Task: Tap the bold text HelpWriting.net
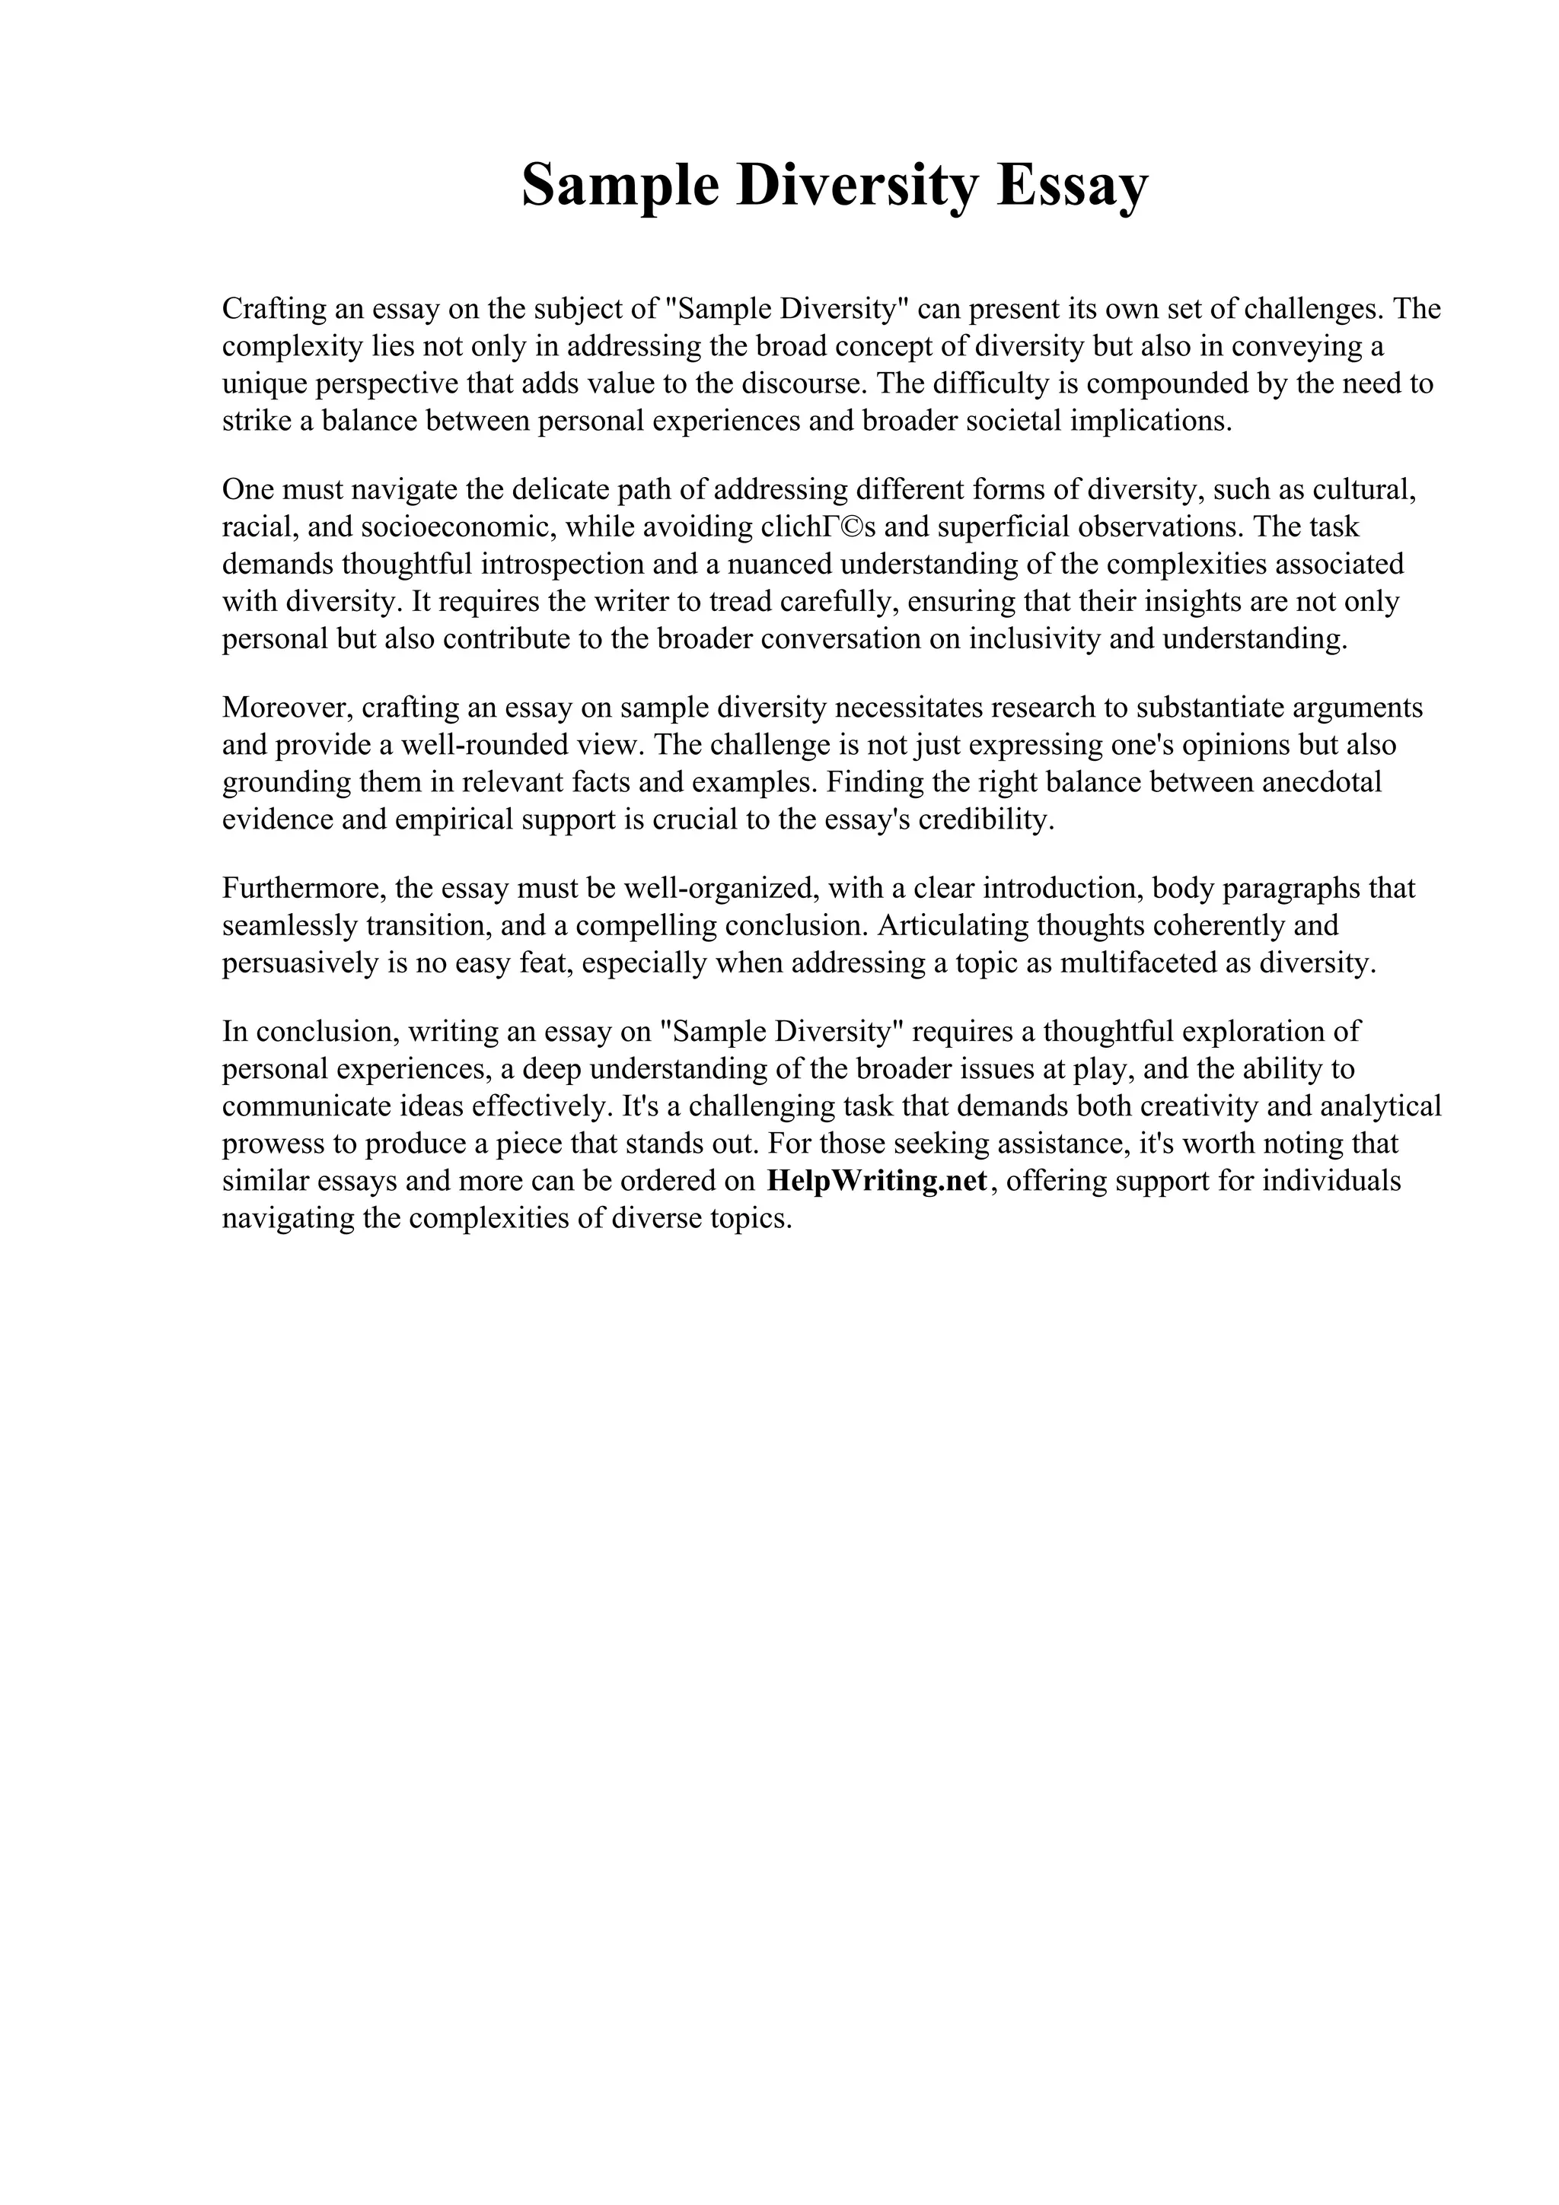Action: (x=877, y=1180)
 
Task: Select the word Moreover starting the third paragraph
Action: (x=289, y=708)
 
